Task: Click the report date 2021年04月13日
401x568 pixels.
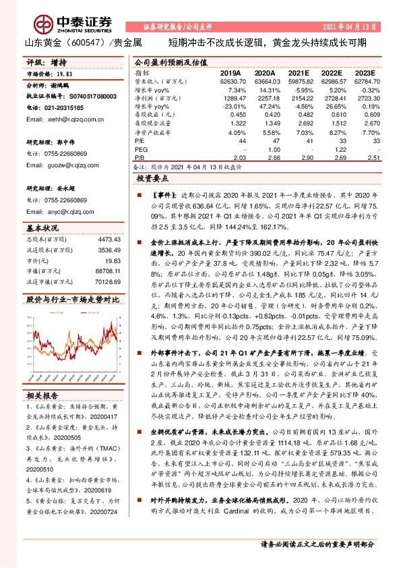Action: coord(348,26)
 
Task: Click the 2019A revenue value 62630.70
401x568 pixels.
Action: coord(233,81)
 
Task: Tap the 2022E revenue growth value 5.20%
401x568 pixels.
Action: coord(333,90)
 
